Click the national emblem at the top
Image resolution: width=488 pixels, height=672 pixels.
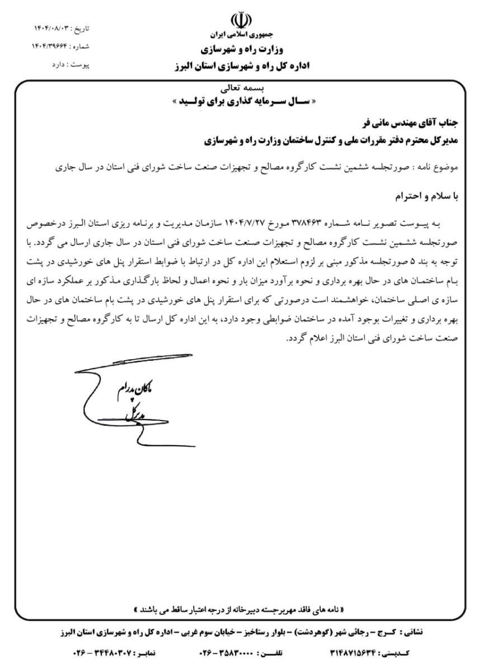244,20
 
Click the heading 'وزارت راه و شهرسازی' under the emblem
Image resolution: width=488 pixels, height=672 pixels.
244,49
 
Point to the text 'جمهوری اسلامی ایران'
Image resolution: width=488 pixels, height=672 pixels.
244,34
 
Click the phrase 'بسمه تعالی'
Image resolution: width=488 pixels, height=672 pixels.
244,88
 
